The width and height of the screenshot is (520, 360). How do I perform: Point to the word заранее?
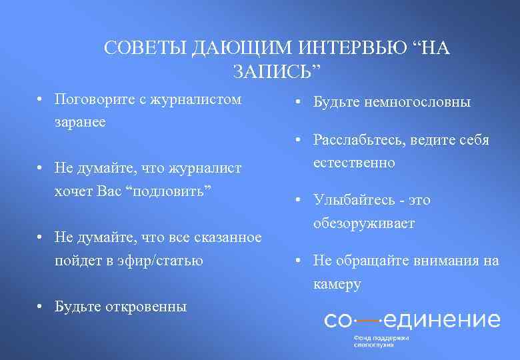point(80,123)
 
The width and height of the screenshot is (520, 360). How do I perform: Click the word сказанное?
point(228,237)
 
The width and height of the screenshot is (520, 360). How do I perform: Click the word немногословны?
point(413,103)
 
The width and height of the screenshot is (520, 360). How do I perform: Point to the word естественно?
point(354,163)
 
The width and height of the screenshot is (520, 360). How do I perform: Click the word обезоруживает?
point(364,223)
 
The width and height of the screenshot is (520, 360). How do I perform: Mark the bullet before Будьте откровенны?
point(41,307)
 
